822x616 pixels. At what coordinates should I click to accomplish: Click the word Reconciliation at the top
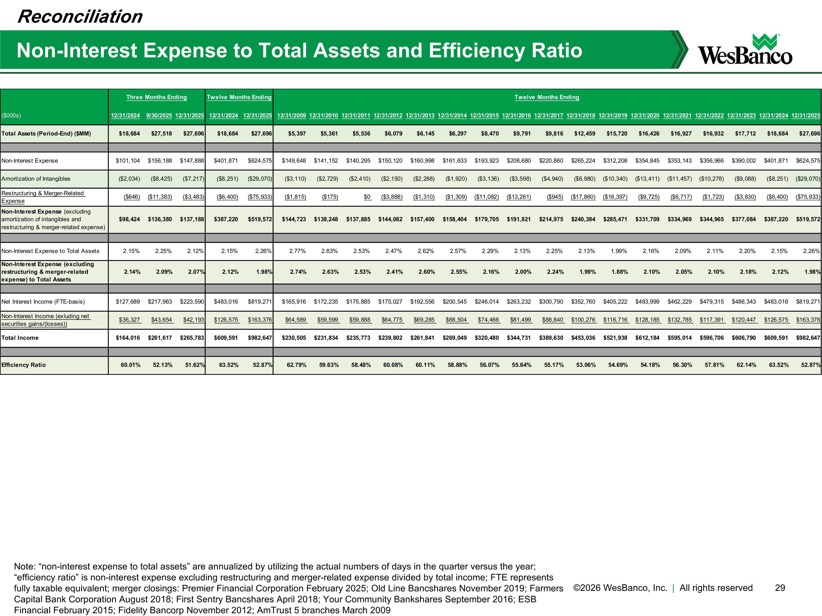[80, 17]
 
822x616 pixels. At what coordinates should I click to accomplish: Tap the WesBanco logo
[745, 50]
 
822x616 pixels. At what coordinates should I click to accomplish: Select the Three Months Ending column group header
[156, 97]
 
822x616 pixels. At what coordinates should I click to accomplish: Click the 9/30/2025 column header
[159, 116]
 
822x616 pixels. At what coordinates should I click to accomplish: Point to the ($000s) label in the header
[11, 116]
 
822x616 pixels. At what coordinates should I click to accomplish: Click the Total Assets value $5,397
[297, 134]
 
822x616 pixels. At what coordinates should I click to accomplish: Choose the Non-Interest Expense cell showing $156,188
[160, 161]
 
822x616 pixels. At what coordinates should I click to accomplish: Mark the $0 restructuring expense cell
[367, 197]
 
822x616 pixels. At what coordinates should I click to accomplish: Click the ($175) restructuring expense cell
[330, 197]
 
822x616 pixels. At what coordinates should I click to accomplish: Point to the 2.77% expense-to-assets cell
[297, 251]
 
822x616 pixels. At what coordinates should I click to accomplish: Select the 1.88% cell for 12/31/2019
[620, 272]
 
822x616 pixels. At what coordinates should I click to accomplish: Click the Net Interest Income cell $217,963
[160, 301]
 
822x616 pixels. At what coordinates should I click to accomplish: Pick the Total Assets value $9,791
[522, 134]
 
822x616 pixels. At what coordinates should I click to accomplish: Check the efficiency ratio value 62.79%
[296, 365]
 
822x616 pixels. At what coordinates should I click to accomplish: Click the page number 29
[780, 588]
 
